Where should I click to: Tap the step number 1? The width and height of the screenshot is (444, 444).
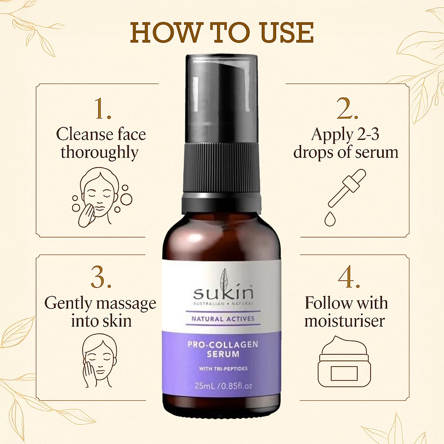click(102, 109)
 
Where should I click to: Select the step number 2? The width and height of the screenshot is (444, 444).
click(347, 109)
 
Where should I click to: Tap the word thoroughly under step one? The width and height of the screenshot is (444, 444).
click(99, 153)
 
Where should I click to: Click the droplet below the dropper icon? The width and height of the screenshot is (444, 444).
click(330, 219)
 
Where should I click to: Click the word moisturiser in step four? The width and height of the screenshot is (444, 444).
click(345, 321)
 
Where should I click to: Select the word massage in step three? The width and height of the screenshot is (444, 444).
click(126, 304)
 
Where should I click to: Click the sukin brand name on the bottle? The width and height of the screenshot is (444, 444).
click(223, 293)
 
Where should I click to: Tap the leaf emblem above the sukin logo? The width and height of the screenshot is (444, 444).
click(224, 277)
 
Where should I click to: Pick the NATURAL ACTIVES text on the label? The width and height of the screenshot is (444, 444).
click(223, 319)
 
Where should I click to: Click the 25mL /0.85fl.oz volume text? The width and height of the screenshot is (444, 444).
click(223, 386)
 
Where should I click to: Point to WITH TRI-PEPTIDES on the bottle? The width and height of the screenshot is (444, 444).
click(223, 369)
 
